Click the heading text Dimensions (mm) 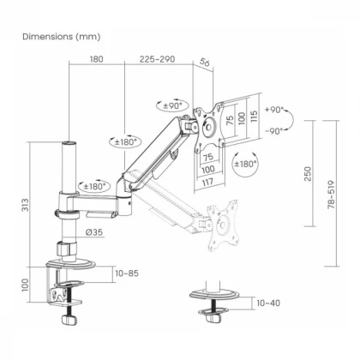click(x=62, y=37)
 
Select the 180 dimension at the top click(x=97, y=59)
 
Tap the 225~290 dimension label click(x=157, y=59)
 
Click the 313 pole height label click(x=26, y=205)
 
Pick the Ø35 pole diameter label click(x=94, y=232)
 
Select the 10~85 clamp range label click(x=127, y=273)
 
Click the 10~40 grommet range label click(x=268, y=303)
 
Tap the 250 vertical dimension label click(x=308, y=174)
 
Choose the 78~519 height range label click(x=331, y=195)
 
